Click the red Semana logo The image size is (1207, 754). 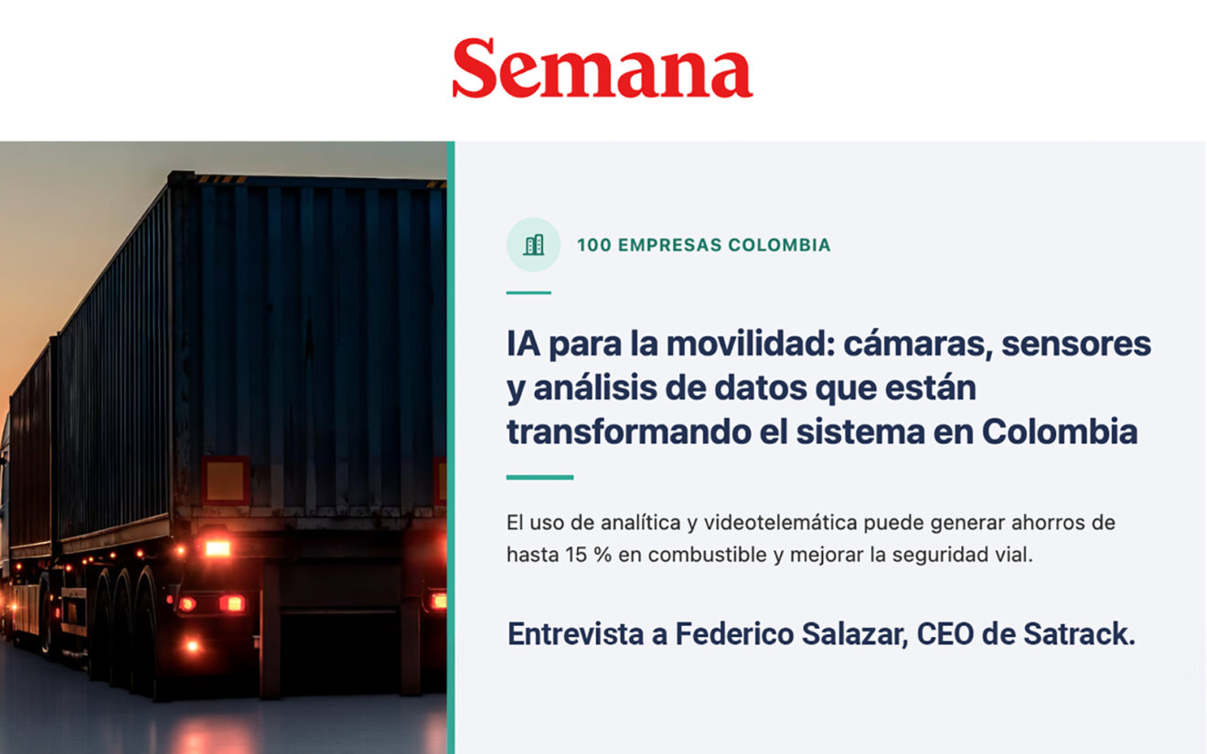pos(603,68)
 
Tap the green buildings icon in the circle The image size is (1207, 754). pos(533,245)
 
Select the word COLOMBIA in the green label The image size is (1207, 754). pos(779,245)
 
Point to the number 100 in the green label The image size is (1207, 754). pos(594,245)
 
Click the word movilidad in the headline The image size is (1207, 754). pos(751,344)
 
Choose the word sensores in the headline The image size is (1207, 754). pos(1076,345)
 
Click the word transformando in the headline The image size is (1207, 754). pos(629,432)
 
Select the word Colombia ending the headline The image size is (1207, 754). pos(1060,432)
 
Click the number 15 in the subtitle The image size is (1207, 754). pos(575,555)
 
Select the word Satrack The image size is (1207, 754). pos(1079,634)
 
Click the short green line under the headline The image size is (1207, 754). pos(539,477)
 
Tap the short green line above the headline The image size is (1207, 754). pos(529,292)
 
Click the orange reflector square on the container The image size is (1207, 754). pos(225,481)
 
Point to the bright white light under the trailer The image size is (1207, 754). pos(217,548)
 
